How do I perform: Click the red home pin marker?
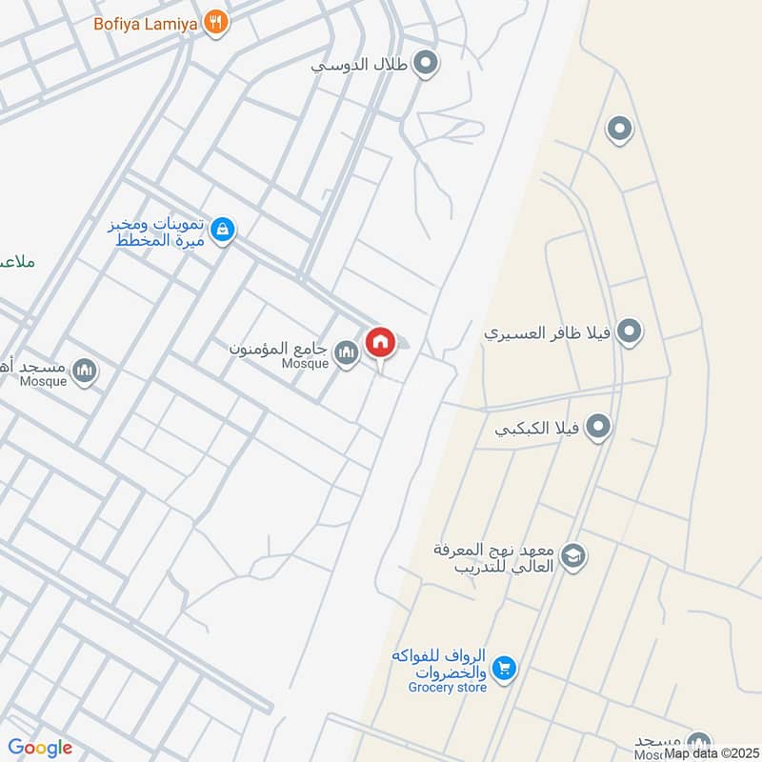point(380,342)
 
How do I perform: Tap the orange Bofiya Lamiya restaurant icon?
point(217,22)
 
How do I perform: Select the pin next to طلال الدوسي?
point(427,65)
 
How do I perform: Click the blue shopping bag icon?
point(222,231)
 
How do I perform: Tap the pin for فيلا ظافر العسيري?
point(628,332)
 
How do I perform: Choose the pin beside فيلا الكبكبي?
point(598,427)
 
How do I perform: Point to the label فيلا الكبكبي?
point(539,428)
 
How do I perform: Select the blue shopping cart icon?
point(505,670)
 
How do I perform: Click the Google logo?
point(40,748)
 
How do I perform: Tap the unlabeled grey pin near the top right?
point(619,129)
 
